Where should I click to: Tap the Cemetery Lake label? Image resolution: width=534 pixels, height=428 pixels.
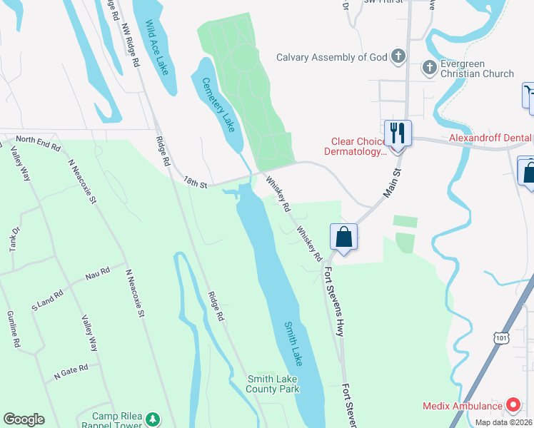218,104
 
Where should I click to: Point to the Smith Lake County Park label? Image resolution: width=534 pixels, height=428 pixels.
273,384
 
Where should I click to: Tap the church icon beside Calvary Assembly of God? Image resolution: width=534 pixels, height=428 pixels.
398,56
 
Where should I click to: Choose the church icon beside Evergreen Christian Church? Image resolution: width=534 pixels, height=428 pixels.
429,68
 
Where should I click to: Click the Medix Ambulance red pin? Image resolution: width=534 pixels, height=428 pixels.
512,405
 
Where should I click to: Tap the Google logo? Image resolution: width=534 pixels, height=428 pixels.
24,419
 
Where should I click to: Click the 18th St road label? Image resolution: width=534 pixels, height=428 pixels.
194,184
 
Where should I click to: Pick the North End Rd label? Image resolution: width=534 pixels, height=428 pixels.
38,142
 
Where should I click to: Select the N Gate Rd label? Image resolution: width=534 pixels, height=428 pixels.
71,369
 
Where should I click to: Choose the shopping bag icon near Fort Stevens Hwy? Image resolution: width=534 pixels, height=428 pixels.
343,236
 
